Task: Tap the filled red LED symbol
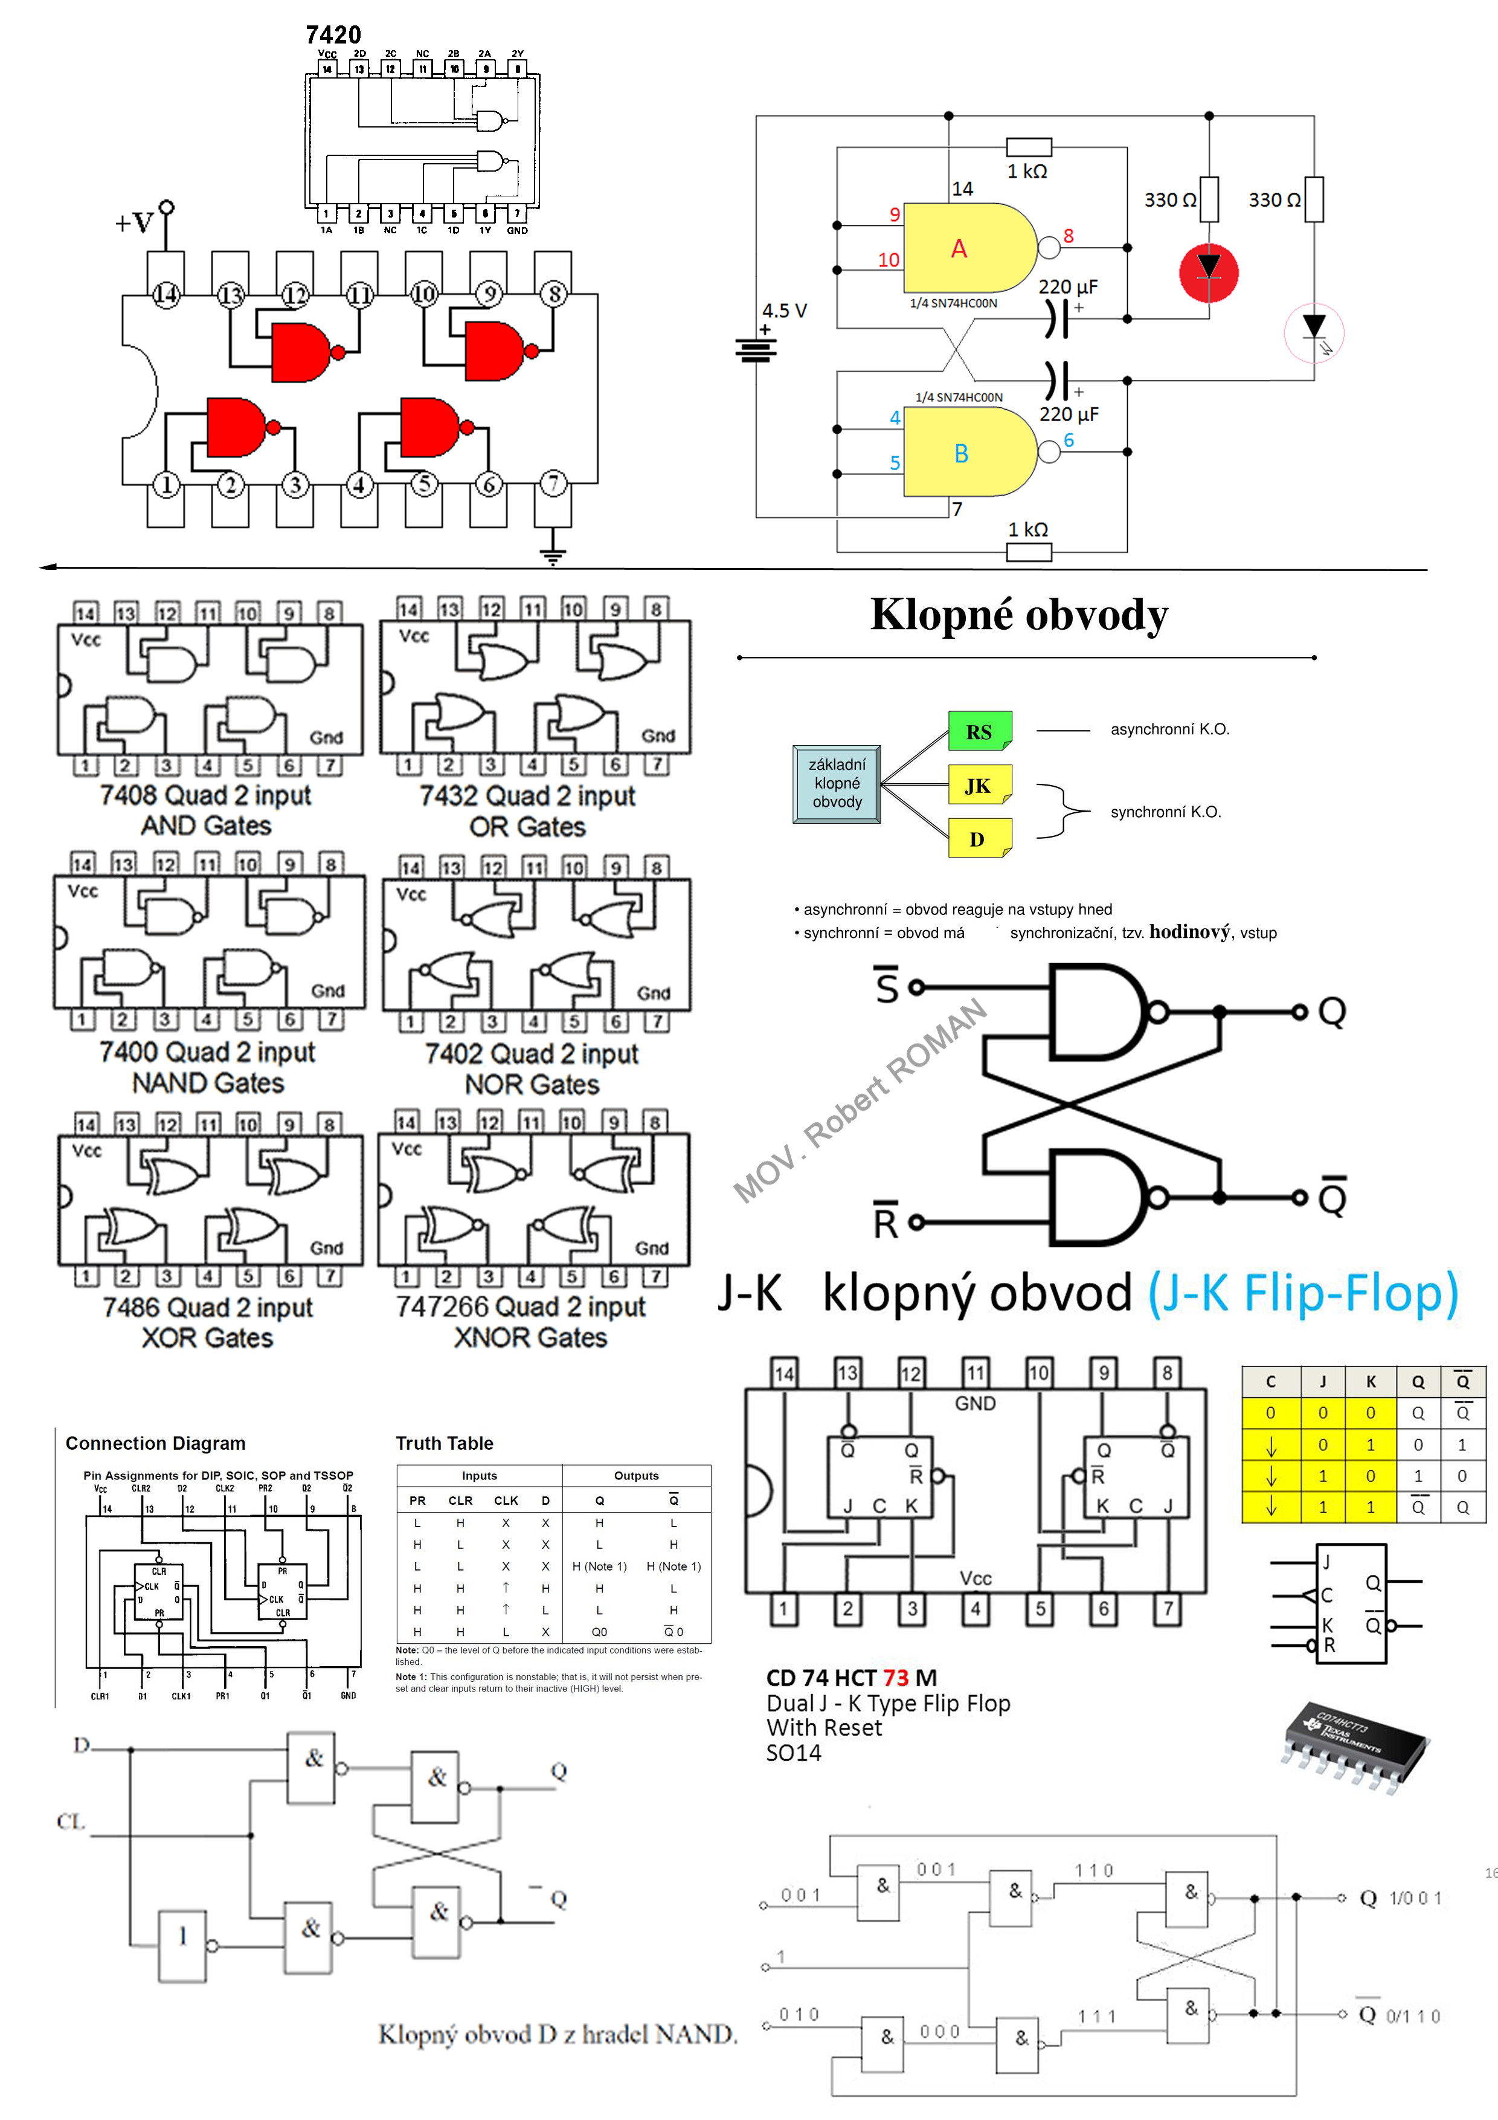tap(1208, 273)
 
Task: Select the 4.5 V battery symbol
tap(756, 349)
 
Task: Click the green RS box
tap(979, 731)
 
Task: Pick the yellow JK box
tap(979, 785)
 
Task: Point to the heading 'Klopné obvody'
tap(1019, 615)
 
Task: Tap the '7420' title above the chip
tap(333, 35)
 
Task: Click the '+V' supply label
tap(134, 222)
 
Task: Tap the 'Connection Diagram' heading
tap(155, 1443)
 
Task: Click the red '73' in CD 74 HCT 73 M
tap(895, 1678)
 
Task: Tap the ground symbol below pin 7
tap(552, 554)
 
